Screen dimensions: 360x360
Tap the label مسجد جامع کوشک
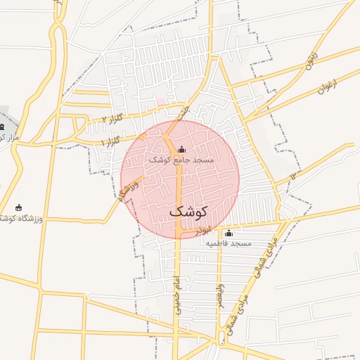pos(181,160)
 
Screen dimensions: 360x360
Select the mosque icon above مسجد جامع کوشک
pos(182,149)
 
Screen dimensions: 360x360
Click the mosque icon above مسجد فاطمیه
pos(228,233)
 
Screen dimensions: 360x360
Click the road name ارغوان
pos(327,87)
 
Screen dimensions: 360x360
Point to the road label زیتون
pos(312,64)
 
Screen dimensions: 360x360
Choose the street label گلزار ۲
pos(112,119)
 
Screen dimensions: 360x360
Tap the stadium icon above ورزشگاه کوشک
pos(18,208)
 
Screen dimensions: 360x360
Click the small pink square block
pos(162,102)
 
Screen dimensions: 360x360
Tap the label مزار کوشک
pos(8,137)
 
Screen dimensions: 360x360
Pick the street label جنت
pos(183,111)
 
